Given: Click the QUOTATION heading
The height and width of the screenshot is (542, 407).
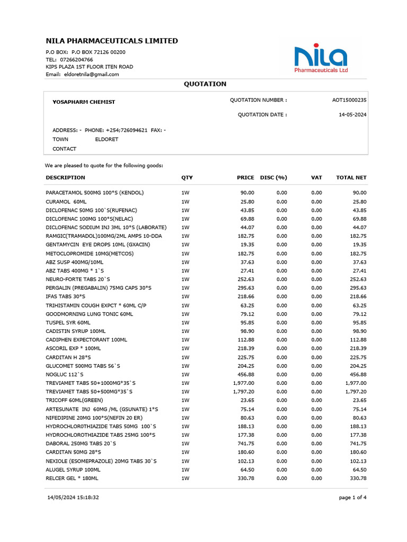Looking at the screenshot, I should pyautogui.click(x=205, y=84).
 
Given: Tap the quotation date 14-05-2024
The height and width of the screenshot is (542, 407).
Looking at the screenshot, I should pyautogui.click(x=352, y=115).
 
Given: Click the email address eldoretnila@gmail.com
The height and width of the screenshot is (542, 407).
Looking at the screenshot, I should pyautogui.click(x=91, y=75).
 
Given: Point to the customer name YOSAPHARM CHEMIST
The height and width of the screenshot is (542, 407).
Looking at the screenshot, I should pyautogui.click(x=84, y=102).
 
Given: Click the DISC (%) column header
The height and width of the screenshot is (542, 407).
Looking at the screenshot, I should pyautogui.click(x=273, y=178).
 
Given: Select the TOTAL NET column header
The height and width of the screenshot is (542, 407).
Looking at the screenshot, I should pyautogui.click(x=351, y=178).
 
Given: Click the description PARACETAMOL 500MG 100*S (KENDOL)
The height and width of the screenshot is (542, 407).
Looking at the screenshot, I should pyautogui.click(x=95, y=193).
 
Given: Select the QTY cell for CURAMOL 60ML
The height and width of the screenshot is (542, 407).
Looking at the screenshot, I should pyautogui.click(x=185, y=202).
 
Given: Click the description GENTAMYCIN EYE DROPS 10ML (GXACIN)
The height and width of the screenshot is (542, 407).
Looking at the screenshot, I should pyautogui.click(x=98, y=245).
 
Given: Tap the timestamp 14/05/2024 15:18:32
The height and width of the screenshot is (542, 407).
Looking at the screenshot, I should pyautogui.click(x=73, y=498).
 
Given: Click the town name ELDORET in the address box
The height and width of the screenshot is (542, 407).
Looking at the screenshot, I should pyautogui.click(x=107, y=140).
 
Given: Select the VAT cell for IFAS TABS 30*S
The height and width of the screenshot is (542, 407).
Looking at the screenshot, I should pyautogui.click(x=316, y=297).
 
